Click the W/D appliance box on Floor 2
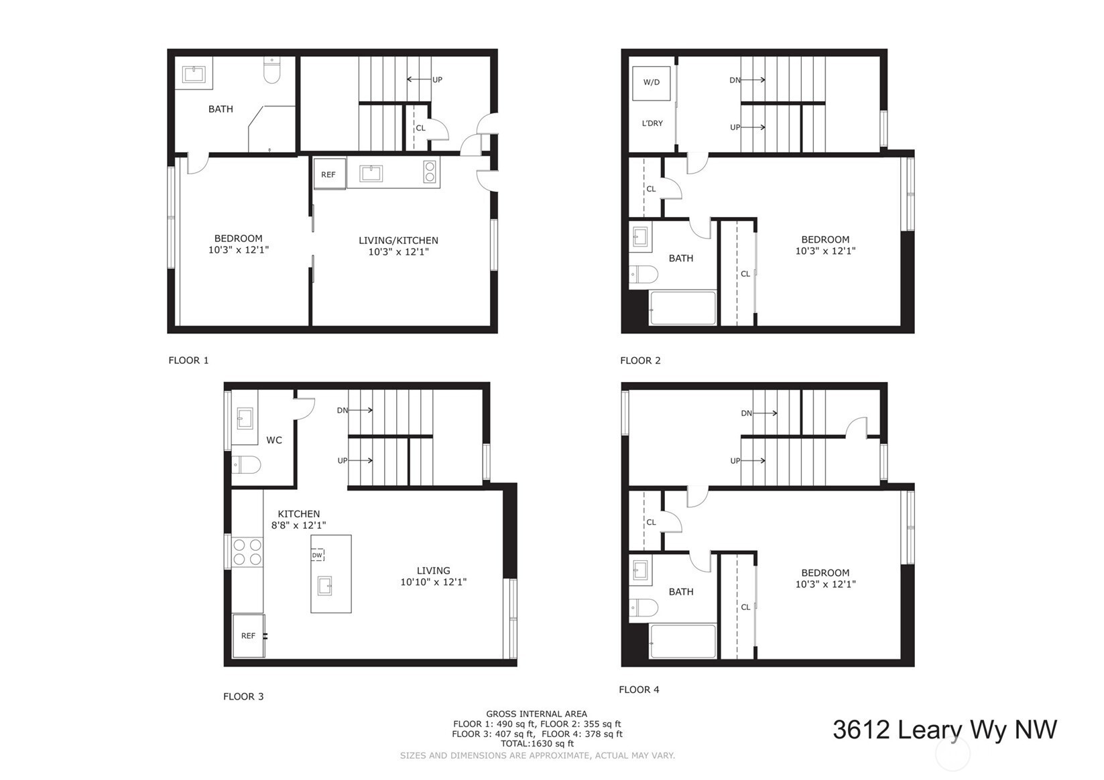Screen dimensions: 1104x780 coord(651,82)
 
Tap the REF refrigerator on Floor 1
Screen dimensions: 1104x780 coord(328,174)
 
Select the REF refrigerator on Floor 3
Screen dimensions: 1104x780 coord(249,636)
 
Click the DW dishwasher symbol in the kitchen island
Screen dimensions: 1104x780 coord(317,556)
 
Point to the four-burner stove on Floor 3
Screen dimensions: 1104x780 coord(247,552)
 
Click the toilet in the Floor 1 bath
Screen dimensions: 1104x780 coord(271,70)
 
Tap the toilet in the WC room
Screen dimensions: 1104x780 coord(246,464)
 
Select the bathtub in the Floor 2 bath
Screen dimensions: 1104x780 coord(683,308)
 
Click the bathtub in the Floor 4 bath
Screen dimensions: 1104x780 coord(683,641)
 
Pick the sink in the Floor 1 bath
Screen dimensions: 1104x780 coord(194,74)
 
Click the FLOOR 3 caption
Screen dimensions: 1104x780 coord(243,696)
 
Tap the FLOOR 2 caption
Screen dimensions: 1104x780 coord(640,361)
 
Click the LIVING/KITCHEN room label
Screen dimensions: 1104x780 coord(398,241)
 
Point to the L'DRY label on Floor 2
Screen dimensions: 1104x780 coord(652,123)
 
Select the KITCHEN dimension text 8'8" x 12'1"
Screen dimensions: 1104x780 coord(299,525)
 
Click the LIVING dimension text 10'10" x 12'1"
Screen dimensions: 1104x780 coord(433,582)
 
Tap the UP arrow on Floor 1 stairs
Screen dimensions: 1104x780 coord(419,79)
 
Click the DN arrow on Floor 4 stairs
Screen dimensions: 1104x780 coord(765,413)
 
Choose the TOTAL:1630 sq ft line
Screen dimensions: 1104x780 coord(537,744)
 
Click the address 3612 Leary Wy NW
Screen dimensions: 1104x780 coord(945,730)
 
